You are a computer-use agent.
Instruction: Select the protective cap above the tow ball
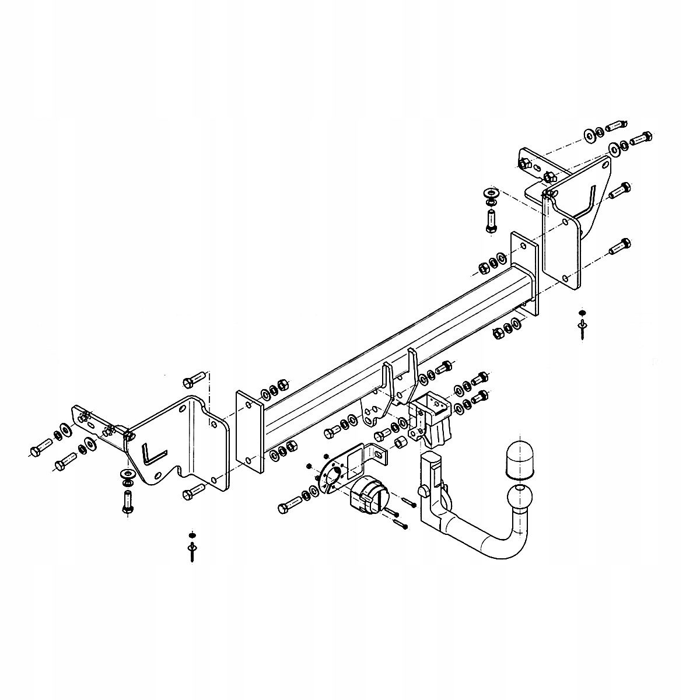click(519, 460)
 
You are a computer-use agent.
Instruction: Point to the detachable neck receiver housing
click(430, 418)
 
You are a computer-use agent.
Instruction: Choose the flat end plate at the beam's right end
click(524, 271)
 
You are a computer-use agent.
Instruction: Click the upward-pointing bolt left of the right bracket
click(491, 221)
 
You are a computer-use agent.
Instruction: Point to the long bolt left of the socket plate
click(290, 503)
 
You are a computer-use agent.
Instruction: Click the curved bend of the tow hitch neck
click(496, 545)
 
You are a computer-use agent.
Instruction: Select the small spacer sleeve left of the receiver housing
click(401, 442)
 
